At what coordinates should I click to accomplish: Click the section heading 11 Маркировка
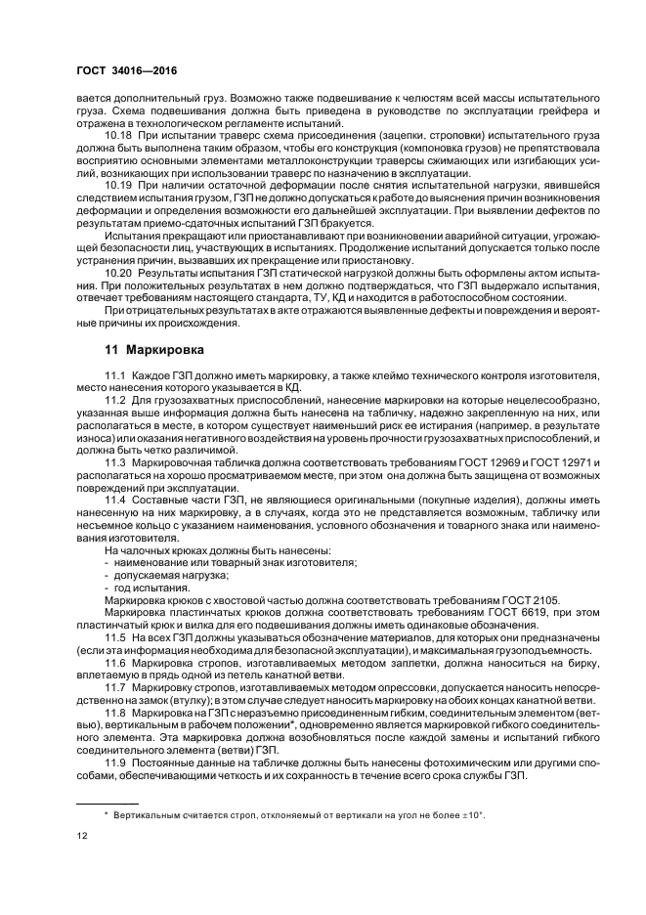click(153, 348)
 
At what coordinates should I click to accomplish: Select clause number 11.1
click(115, 376)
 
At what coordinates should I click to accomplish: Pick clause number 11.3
click(115, 461)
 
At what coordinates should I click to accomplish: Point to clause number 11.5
click(115, 635)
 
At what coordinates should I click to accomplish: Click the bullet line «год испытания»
click(138, 588)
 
